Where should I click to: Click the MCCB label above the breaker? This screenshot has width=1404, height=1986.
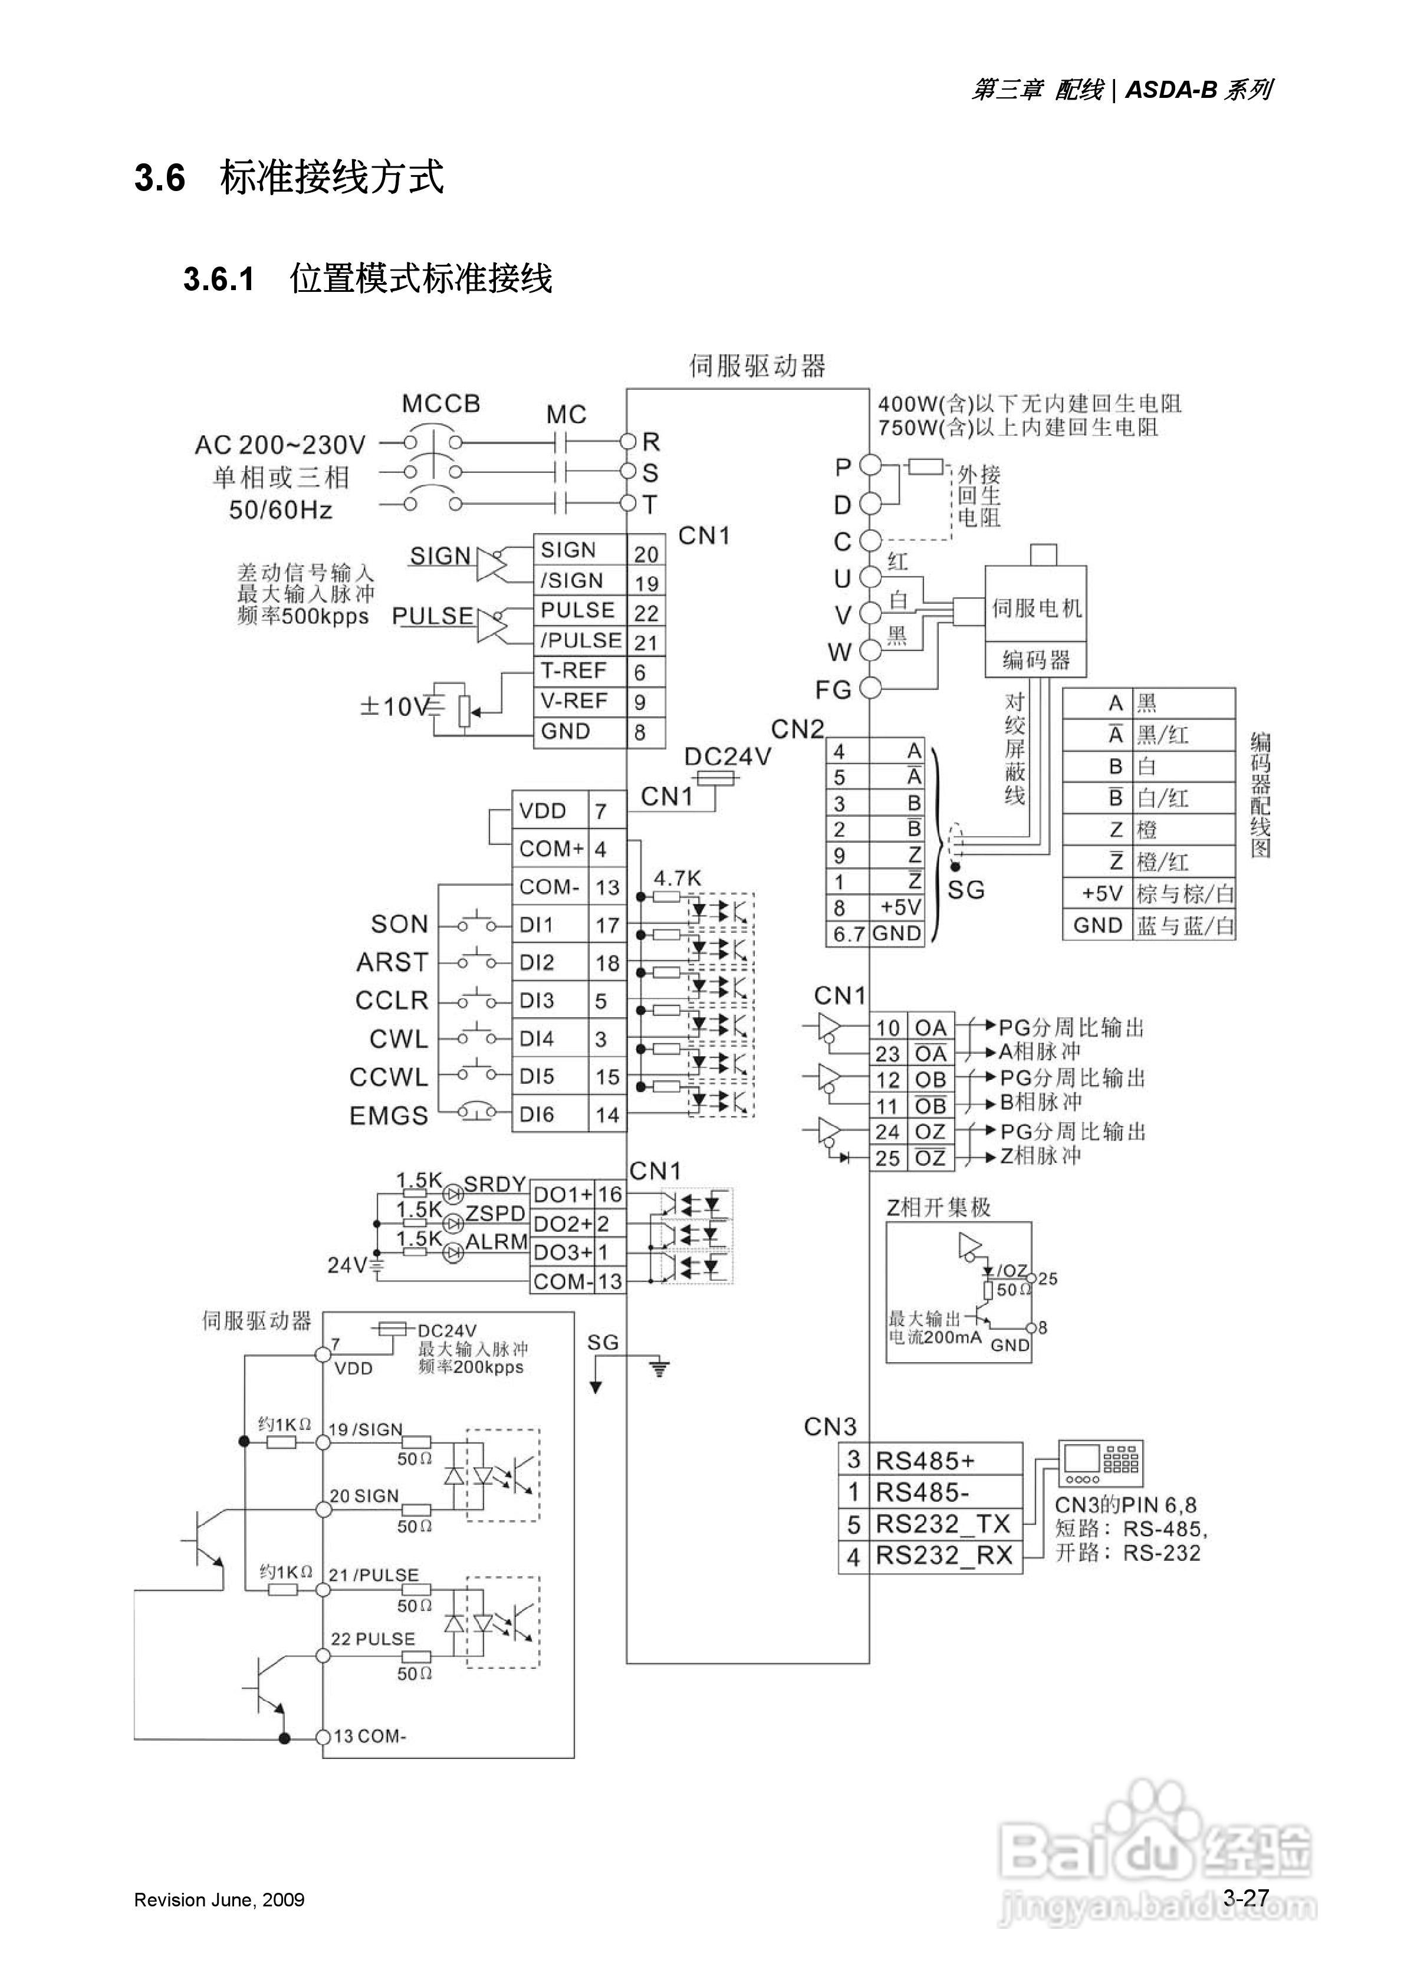click(x=440, y=404)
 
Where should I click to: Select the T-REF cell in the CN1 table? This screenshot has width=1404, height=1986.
click(x=574, y=671)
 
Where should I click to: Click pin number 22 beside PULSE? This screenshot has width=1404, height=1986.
click(x=646, y=613)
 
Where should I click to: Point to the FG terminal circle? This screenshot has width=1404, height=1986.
click(x=870, y=689)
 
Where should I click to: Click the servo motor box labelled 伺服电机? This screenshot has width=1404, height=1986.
click(x=1035, y=608)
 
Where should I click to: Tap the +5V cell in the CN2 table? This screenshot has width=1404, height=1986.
click(x=900, y=907)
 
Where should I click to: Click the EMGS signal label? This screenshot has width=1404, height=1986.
click(x=389, y=1116)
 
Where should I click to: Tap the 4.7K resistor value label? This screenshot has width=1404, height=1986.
click(x=678, y=879)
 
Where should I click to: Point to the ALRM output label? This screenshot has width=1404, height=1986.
click(x=497, y=1242)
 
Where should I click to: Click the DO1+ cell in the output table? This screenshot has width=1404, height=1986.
click(x=563, y=1195)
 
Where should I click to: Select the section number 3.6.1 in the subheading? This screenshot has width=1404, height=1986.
click(x=219, y=280)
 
